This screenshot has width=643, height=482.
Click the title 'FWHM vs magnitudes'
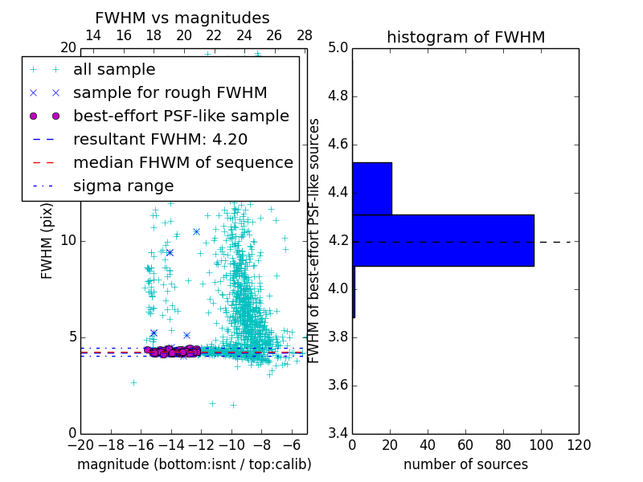[x=182, y=18]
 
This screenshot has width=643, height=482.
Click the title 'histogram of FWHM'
[x=465, y=37]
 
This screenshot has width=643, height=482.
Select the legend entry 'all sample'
[x=114, y=70]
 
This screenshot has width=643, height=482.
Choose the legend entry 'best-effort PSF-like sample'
[x=181, y=116]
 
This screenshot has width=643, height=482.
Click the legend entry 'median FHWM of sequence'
[x=182, y=163]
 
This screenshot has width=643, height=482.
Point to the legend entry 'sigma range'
[x=123, y=186]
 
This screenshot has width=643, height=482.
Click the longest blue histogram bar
[x=443, y=240]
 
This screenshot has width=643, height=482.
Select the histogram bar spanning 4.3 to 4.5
[x=371, y=189]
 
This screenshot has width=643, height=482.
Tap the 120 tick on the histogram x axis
[x=579, y=445]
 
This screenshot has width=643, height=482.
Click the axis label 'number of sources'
[x=465, y=464]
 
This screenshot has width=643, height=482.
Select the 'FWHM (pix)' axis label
[x=47, y=240]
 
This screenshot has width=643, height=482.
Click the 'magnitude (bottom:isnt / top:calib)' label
[x=194, y=464]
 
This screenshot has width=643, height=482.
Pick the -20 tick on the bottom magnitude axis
[x=80, y=445]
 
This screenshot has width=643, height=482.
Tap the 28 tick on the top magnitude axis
[x=305, y=35]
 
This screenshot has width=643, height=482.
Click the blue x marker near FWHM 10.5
[x=196, y=231]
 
